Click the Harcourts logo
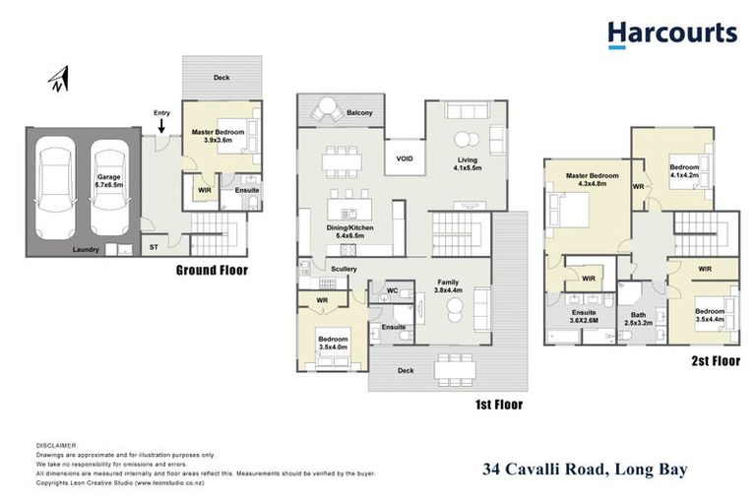tap(671, 34)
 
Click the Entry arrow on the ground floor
tap(161, 123)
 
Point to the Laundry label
tap(86, 249)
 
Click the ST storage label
tap(154, 248)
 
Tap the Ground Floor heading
tap(212, 270)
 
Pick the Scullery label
tap(344, 268)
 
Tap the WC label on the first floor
tap(392, 290)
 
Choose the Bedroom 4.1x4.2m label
tap(684, 170)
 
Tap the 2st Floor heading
tap(713, 361)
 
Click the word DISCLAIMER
tap(55, 445)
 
